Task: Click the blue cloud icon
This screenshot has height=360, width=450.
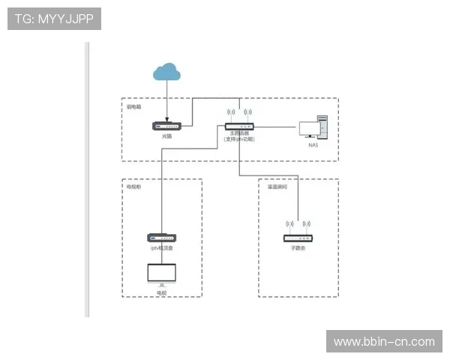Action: (x=166, y=72)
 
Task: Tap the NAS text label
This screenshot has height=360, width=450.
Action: (x=313, y=145)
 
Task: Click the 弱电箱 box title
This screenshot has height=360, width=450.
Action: (x=135, y=106)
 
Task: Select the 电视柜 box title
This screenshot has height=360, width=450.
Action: (x=134, y=187)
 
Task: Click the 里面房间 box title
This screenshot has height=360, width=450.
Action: (x=277, y=187)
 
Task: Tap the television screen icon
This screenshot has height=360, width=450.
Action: (x=161, y=274)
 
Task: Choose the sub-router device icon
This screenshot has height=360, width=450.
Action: (x=298, y=237)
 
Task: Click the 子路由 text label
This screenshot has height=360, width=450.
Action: (x=298, y=247)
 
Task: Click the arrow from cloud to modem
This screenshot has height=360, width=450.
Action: (x=166, y=101)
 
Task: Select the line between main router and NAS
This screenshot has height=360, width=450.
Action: (x=277, y=127)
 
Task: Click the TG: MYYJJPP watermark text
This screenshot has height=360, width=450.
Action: (x=54, y=19)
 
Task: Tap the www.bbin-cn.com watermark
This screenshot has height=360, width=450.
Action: (x=384, y=342)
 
